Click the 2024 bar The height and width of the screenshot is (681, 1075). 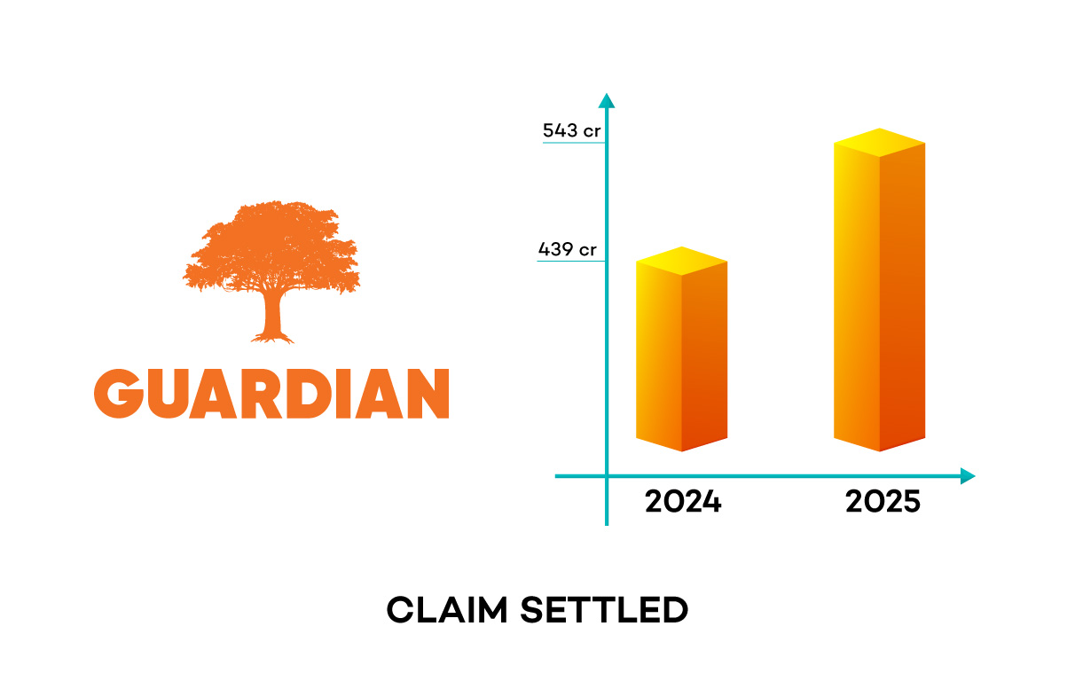pyautogui.click(x=681, y=349)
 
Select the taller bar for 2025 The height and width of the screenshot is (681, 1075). pyautogui.click(x=879, y=290)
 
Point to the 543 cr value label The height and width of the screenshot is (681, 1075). pyautogui.click(x=571, y=130)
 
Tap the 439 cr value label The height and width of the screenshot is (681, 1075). pyautogui.click(x=568, y=249)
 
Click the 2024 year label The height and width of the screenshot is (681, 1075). pyautogui.click(x=683, y=502)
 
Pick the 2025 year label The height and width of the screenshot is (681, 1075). pyautogui.click(x=883, y=502)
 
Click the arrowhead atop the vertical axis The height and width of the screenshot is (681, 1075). pyautogui.click(x=607, y=100)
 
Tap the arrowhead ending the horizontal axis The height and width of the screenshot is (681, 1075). pyautogui.click(x=968, y=476)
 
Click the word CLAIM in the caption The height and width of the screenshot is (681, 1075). pyautogui.click(x=447, y=610)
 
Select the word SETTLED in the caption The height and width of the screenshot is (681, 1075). pyautogui.click(x=604, y=610)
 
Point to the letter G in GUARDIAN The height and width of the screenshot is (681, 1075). pyautogui.click(x=119, y=394)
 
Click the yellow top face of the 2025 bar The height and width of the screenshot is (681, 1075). pyautogui.click(x=879, y=143)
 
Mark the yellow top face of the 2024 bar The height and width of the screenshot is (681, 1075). pyautogui.click(x=681, y=261)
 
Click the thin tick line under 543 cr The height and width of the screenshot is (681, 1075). pyautogui.click(x=574, y=143)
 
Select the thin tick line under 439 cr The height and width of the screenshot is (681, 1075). pyautogui.click(x=571, y=261)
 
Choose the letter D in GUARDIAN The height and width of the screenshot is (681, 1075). pyautogui.click(x=309, y=394)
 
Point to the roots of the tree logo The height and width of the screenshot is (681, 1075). pyautogui.click(x=272, y=338)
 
